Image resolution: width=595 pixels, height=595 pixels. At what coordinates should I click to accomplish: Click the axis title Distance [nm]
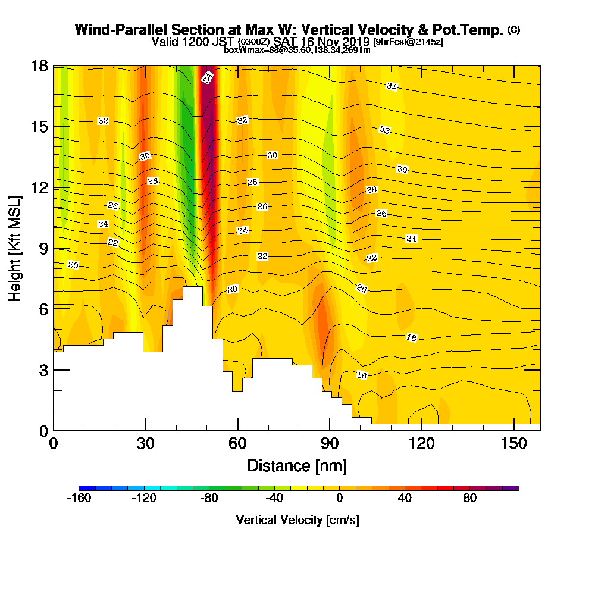[x=297, y=465]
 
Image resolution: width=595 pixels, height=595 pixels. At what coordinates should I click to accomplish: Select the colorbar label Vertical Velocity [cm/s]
[x=297, y=520]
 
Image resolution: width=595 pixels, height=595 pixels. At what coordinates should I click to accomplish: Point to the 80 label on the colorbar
[x=469, y=499]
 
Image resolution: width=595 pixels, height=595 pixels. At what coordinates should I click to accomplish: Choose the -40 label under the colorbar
[x=274, y=499]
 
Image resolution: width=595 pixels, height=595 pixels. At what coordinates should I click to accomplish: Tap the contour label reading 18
[x=411, y=338]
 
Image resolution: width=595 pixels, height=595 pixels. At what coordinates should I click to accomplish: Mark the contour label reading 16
[x=362, y=375]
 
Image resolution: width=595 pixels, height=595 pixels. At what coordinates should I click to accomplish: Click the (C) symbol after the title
[x=513, y=30]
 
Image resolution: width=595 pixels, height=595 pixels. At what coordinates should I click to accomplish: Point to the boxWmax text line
[x=297, y=50]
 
